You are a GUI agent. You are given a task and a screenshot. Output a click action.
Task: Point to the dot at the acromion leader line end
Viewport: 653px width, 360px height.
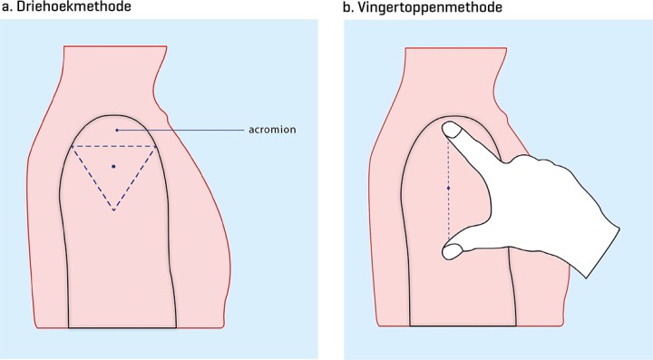[x=117, y=131]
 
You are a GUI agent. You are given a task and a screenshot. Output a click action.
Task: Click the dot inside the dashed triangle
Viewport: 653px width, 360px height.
[x=113, y=166]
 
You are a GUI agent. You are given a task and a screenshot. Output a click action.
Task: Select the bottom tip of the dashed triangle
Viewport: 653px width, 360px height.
[x=113, y=211]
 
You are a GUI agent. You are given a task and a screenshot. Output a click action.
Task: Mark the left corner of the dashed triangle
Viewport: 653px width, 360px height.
[x=72, y=146]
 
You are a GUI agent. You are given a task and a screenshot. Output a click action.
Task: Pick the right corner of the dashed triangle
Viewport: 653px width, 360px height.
[x=156, y=146]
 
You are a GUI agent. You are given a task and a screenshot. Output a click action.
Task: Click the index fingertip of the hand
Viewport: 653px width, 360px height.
[x=450, y=131]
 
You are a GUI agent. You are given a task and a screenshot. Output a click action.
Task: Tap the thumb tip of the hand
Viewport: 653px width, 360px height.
[x=451, y=249]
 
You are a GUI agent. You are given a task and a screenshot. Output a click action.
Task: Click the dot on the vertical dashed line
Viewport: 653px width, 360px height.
[x=449, y=188]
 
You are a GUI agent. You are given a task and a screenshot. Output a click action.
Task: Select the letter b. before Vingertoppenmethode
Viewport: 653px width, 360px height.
[x=350, y=8]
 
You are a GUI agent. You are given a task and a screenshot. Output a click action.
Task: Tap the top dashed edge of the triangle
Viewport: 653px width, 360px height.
[x=113, y=146]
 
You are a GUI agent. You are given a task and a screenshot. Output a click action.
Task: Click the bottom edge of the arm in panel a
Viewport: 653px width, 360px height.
[x=123, y=326]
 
